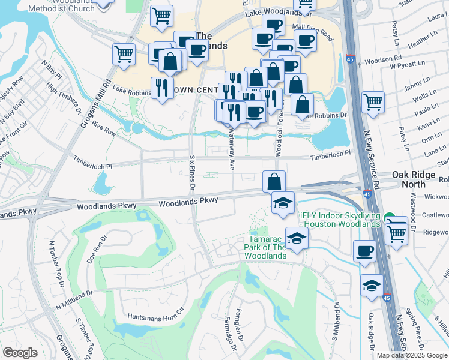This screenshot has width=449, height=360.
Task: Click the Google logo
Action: point(20,353)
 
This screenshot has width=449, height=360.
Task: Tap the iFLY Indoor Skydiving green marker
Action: point(389,218)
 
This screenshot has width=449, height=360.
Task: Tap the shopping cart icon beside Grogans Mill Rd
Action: point(123,54)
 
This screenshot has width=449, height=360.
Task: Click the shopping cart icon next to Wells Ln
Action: point(373,102)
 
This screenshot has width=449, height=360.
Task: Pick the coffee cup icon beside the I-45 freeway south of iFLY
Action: point(364,251)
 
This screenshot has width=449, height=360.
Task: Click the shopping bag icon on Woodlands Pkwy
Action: point(273,181)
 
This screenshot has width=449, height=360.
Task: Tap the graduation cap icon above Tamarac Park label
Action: point(283,203)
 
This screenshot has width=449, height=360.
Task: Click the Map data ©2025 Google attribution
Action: point(412,355)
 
